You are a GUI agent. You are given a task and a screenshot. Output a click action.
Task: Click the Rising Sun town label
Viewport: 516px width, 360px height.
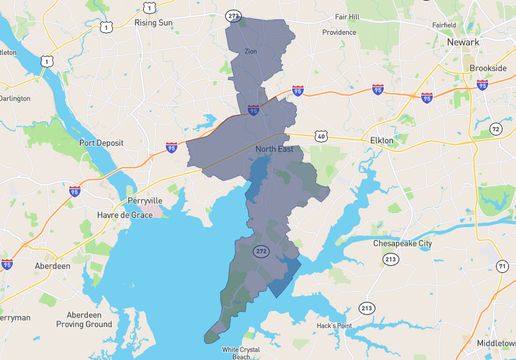coord(153,21)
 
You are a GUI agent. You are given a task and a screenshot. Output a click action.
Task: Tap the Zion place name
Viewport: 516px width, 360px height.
coord(251,49)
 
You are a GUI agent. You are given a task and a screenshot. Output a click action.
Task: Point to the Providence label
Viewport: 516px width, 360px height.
coord(339,32)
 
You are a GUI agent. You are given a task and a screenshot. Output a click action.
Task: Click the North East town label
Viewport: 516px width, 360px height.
coord(274,149)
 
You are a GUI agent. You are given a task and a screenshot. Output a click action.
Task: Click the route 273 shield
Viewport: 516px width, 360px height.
coord(233,16)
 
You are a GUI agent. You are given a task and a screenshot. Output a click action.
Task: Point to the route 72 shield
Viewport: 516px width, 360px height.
coord(495,130)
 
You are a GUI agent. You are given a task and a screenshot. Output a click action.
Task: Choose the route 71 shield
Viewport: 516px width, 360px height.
coord(502,265)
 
